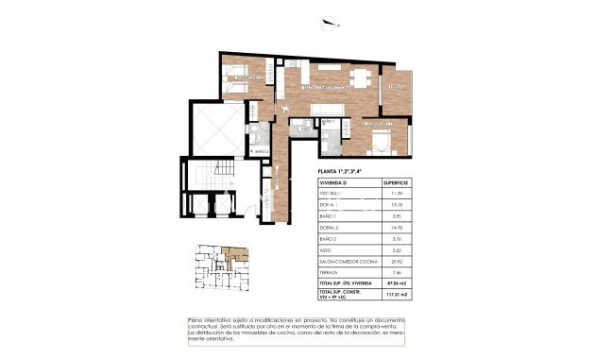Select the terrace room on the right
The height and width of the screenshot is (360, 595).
[x=396, y=91]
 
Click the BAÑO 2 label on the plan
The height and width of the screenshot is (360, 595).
[x=262, y=151]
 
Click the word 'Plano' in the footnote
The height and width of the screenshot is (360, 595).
[x=196, y=321]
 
